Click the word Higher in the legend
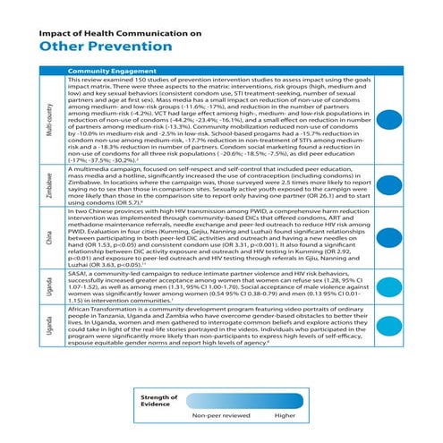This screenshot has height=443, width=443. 285,417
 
